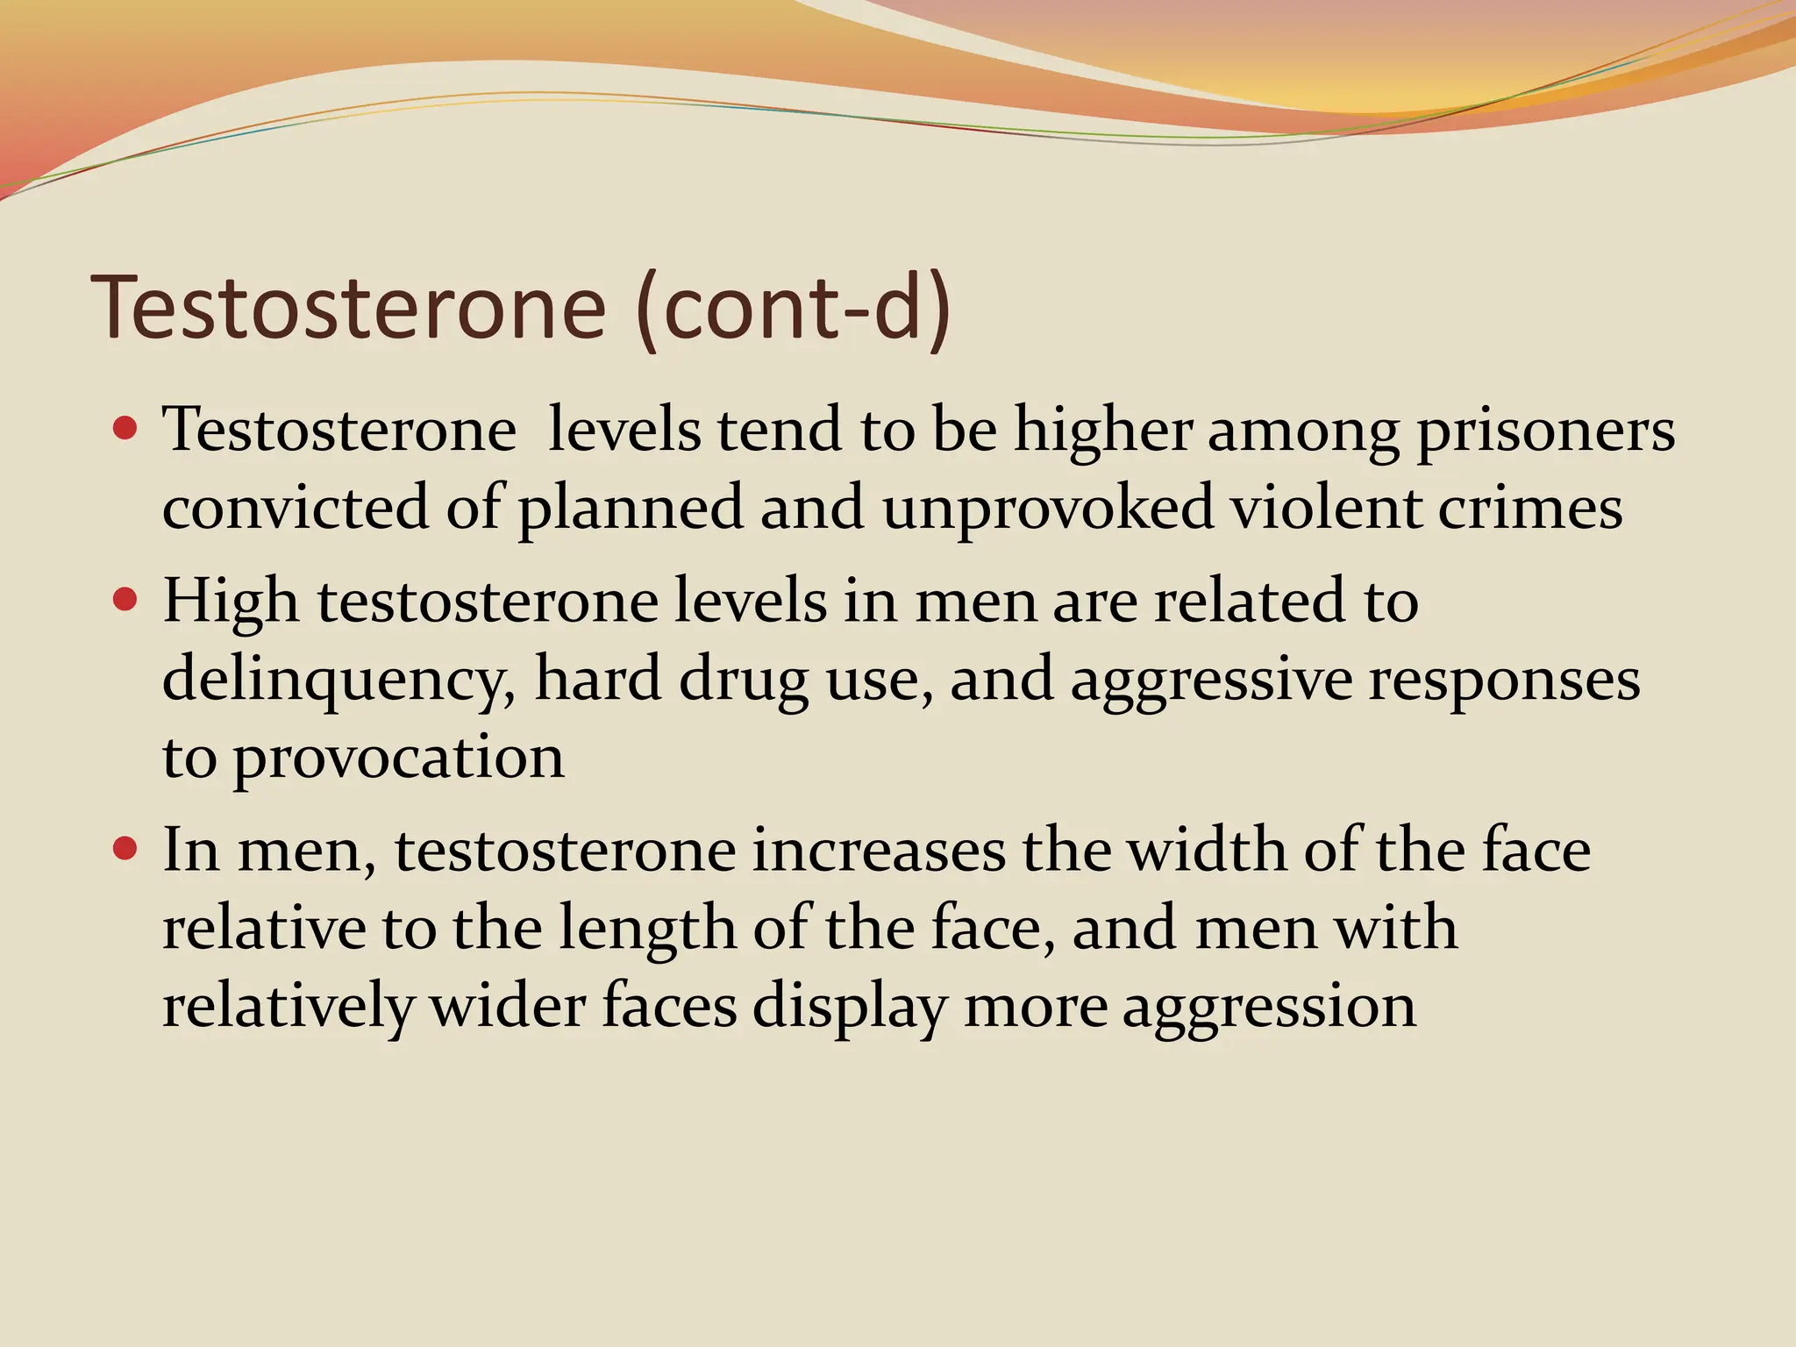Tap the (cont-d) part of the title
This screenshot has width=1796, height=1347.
click(793, 308)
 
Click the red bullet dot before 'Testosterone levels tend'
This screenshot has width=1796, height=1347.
click(126, 429)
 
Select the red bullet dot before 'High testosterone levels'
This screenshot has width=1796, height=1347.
click(126, 600)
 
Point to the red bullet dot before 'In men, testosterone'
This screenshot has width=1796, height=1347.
click(126, 849)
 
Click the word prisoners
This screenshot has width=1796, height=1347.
click(1545, 431)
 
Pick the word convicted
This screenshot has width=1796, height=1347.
click(296, 508)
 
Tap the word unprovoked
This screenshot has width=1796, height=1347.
click(1048, 510)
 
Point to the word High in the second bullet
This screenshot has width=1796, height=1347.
click(231, 603)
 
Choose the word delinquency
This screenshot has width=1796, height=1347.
click(339, 681)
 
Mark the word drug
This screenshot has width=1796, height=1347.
click(743, 681)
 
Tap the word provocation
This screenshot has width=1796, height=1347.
click(398, 759)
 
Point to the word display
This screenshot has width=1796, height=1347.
click(850, 1007)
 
